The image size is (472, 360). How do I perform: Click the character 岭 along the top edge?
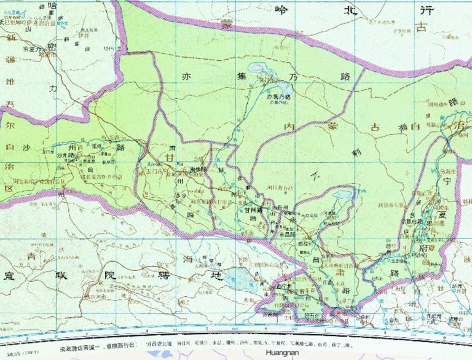click(x=280, y=9)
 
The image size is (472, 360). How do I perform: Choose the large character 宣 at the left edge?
click(x=8, y=275)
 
